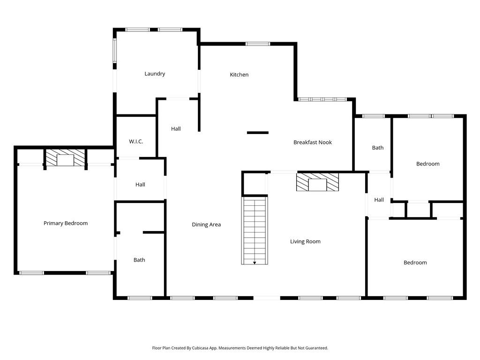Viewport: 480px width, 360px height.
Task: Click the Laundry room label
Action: pyautogui.click(x=155, y=74)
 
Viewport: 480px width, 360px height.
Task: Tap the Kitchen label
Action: pyautogui.click(x=239, y=75)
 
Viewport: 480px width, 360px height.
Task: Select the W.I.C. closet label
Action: pyautogui.click(x=136, y=142)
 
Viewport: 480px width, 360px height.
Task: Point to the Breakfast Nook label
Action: pyautogui.click(x=312, y=142)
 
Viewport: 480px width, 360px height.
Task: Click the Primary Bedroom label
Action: pyautogui.click(x=66, y=223)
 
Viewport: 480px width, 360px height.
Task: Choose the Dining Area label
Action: pyautogui.click(x=206, y=225)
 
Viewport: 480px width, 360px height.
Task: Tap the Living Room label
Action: pyautogui.click(x=305, y=241)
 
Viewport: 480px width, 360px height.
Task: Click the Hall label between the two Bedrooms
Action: pyautogui.click(x=379, y=200)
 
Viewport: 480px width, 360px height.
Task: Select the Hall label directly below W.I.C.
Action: pyautogui.click(x=140, y=185)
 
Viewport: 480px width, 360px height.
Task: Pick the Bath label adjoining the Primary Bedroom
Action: pyautogui.click(x=139, y=260)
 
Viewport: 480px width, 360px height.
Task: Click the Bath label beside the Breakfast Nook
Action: pyautogui.click(x=377, y=148)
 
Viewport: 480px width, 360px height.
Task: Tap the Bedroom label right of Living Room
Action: pyautogui.click(x=415, y=262)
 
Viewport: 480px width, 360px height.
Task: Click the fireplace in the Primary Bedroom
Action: pyautogui.click(x=66, y=158)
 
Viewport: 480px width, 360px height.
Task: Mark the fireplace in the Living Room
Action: pyautogui.click(x=317, y=182)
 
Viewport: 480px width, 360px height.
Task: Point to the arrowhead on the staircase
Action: pyautogui.click(x=255, y=262)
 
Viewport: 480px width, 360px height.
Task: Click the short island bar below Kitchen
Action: pyautogui.click(x=258, y=133)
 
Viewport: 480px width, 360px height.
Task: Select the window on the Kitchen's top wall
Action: pyautogui.click(x=258, y=44)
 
